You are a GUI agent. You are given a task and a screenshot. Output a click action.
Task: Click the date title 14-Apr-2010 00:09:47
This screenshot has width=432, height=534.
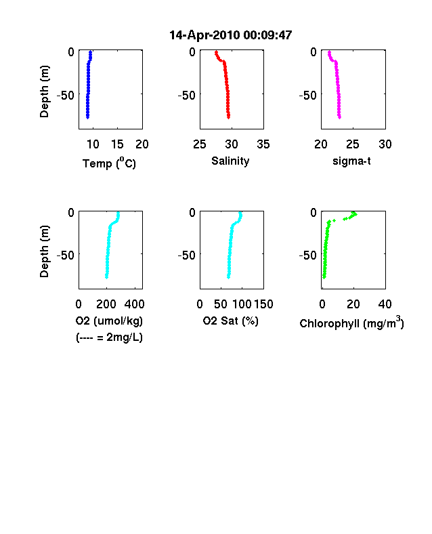(231, 35)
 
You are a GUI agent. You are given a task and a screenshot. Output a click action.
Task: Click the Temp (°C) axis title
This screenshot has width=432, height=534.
(109, 163)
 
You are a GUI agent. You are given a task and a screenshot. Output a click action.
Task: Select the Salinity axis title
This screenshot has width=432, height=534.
(230, 161)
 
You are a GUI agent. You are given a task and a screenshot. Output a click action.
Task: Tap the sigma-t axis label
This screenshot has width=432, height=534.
(351, 161)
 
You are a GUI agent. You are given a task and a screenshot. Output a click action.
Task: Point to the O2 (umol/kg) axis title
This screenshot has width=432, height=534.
(109, 321)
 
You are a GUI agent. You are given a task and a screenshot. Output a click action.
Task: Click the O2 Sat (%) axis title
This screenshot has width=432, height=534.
(231, 321)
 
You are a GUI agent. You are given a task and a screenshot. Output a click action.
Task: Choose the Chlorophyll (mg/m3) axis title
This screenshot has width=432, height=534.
(351, 322)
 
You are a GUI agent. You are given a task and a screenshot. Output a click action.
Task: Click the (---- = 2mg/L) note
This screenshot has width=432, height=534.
(109, 337)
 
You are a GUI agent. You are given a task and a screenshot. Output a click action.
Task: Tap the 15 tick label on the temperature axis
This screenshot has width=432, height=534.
(117, 144)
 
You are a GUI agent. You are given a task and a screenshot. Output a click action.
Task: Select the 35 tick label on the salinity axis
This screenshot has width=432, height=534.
(263, 144)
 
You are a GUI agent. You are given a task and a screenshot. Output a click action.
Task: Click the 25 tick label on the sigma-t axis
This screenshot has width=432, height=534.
(353, 144)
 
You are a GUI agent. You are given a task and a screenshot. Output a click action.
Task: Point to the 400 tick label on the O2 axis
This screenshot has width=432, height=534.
(134, 304)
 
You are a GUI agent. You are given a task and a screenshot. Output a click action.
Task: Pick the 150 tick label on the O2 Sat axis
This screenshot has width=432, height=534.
(263, 304)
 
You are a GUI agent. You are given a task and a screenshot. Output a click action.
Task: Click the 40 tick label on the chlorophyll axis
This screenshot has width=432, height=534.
(385, 304)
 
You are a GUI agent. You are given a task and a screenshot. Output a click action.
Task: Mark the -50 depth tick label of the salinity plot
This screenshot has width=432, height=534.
(187, 96)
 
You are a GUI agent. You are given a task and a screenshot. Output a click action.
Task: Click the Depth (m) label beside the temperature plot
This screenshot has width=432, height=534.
(44, 91)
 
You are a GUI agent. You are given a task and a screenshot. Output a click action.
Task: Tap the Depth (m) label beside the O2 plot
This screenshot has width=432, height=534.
(44, 251)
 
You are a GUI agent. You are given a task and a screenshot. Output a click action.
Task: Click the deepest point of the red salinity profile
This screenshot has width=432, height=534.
(229, 117)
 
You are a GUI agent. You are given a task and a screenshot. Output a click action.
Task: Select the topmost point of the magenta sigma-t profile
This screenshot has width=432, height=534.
(329, 52)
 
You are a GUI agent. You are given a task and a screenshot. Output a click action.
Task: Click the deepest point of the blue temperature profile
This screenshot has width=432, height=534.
(87, 117)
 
